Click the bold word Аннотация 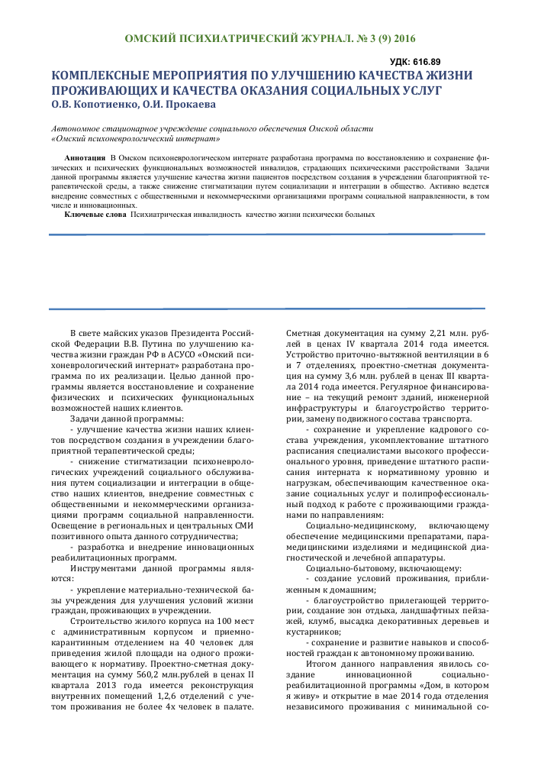click(85, 157)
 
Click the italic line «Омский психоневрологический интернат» click(136, 139)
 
